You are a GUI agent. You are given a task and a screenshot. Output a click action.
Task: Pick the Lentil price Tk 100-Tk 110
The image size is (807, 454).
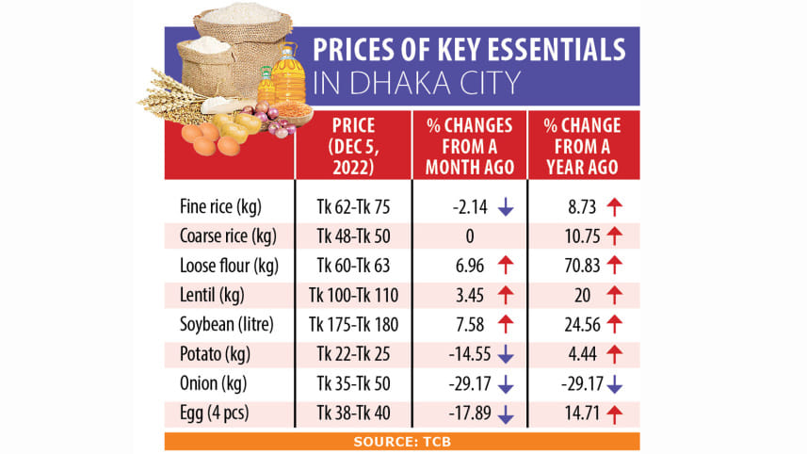(x=353, y=296)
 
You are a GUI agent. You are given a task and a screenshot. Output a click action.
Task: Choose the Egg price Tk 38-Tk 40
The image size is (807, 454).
(x=353, y=413)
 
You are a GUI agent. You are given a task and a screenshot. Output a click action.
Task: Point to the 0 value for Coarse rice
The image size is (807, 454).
(x=468, y=235)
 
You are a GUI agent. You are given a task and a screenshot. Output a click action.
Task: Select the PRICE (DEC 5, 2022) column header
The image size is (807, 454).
(x=353, y=145)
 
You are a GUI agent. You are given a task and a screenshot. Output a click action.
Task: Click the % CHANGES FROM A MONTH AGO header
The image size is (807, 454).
(x=469, y=145)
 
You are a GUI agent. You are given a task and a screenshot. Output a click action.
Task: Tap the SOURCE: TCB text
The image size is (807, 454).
(x=402, y=441)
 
